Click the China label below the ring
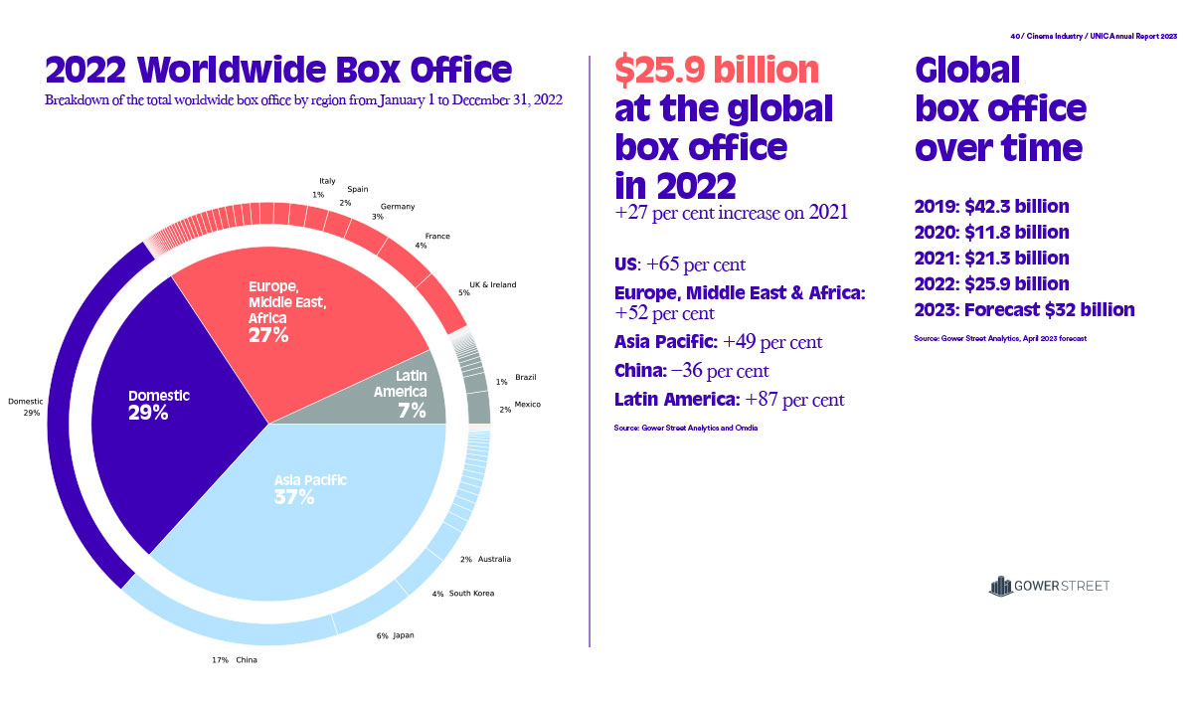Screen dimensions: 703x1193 click(x=248, y=659)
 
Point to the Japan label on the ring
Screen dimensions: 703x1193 click(x=403, y=634)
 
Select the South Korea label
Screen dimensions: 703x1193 click(x=470, y=594)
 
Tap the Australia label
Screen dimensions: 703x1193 click(x=493, y=559)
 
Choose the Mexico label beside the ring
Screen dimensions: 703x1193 click(x=528, y=405)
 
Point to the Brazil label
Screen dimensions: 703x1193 click(x=526, y=378)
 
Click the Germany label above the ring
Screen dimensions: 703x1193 click(x=398, y=207)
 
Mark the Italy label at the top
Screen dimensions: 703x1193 click(x=327, y=181)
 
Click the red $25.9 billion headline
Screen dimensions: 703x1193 click(x=717, y=71)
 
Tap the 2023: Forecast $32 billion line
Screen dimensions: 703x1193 click(x=1024, y=309)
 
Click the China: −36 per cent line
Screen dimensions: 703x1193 click(x=691, y=371)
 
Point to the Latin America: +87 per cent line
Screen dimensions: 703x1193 click(x=729, y=400)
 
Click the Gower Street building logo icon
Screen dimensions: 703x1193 click(x=999, y=586)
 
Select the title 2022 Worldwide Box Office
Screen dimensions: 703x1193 click(x=279, y=70)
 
